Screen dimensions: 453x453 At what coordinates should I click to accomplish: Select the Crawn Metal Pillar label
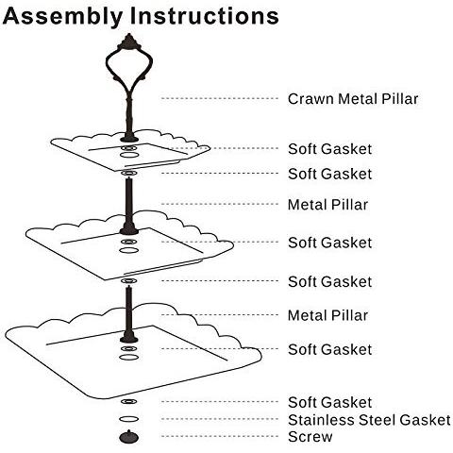[352, 98]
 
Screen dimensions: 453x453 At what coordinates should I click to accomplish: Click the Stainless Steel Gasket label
[369, 420]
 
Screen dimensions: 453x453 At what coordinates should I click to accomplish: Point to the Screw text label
[310, 437]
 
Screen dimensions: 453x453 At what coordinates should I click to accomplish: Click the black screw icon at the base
[127, 437]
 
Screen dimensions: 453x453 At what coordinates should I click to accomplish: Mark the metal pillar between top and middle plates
[126, 200]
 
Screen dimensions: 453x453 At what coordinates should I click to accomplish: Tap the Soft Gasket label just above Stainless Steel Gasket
[329, 403]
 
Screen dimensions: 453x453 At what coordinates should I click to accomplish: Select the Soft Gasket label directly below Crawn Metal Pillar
[329, 149]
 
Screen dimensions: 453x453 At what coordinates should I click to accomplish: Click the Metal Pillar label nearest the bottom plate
[327, 315]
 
